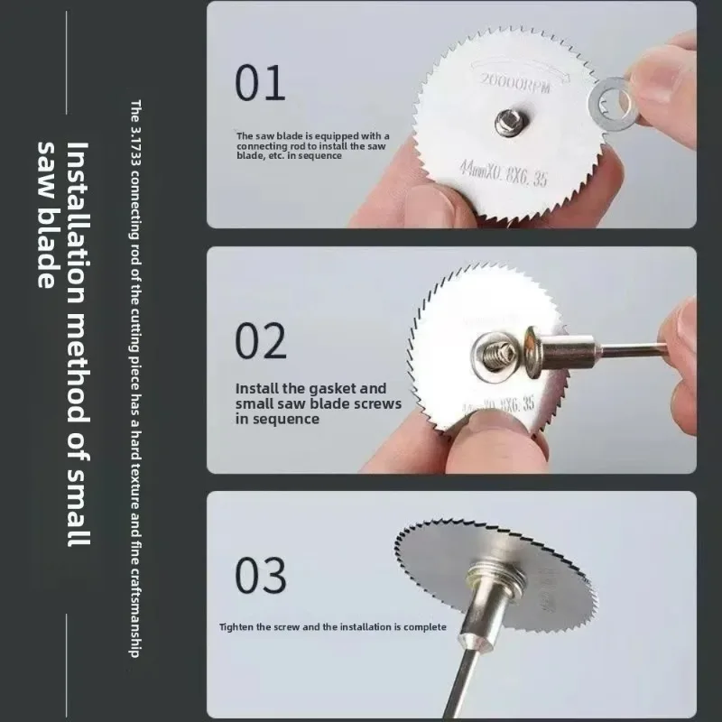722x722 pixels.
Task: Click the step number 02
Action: pos(262,340)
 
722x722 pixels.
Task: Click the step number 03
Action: pos(262,574)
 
